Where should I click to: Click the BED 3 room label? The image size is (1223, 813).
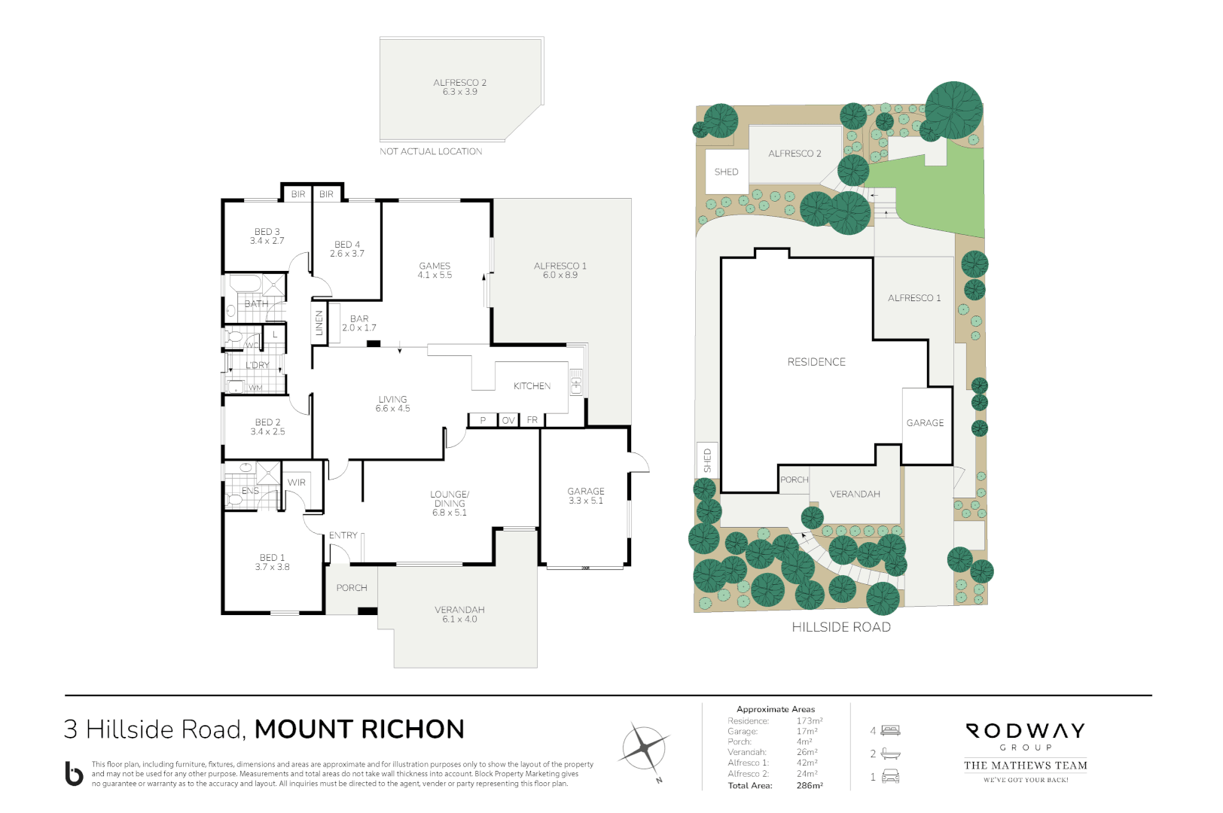click(267, 236)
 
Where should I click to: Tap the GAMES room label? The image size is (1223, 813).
click(435, 270)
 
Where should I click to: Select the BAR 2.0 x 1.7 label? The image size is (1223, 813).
click(359, 323)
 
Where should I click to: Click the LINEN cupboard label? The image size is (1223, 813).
click(319, 323)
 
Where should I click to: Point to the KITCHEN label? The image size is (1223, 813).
click(532, 386)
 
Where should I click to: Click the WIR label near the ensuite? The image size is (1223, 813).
click(297, 483)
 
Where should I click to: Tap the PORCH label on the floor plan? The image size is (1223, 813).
click(352, 588)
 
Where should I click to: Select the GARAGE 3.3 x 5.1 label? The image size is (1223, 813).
click(586, 495)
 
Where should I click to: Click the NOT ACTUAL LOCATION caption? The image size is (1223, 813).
click(431, 151)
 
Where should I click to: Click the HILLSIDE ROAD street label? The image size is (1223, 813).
click(841, 627)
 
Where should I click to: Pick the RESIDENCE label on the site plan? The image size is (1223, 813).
click(816, 362)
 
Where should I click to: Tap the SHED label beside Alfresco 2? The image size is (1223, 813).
click(726, 172)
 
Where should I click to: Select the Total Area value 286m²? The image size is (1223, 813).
click(810, 785)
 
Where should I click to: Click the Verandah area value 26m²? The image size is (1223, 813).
click(807, 752)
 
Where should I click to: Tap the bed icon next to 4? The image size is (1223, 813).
click(891, 730)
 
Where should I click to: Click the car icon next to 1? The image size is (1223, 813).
click(890, 777)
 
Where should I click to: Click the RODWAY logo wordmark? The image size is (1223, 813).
click(1025, 731)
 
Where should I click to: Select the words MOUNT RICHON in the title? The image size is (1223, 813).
click(359, 729)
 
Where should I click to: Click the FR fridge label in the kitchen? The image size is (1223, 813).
click(532, 420)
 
